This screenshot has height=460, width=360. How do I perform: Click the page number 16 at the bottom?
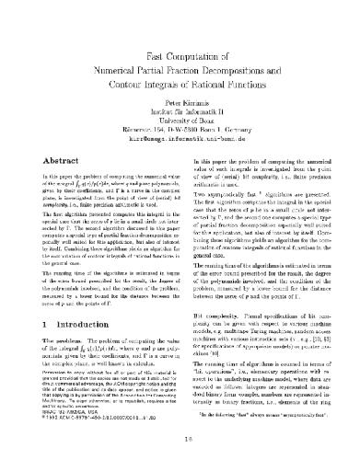pyautogui.click(x=180, y=441)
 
